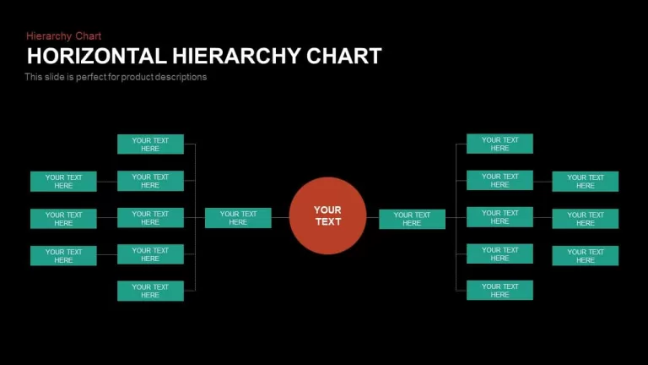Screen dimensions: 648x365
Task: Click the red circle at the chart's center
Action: [327, 215]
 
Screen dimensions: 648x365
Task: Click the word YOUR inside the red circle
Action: [327, 210]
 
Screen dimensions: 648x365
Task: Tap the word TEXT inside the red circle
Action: [328, 222]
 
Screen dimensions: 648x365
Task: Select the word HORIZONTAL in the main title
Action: [97, 56]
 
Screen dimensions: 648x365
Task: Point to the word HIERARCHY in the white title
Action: [236, 56]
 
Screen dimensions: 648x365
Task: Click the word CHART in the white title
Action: [344, 56]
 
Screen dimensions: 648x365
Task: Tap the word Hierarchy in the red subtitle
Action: [49, 36]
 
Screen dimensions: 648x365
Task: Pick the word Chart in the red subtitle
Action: [88, 36]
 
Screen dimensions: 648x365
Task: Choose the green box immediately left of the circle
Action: [238, 218]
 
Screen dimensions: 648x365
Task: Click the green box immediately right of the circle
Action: [412, 219]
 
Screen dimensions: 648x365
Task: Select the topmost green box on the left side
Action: [150, 144]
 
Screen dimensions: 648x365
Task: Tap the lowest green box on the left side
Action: [150, 291]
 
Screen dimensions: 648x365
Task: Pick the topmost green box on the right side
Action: [499, 144]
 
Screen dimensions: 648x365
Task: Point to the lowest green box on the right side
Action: [499, 290]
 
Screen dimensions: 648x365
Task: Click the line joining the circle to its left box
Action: [280, 218]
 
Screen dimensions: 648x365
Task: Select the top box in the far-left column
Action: [63, 182]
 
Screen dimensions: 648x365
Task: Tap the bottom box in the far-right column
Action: [586, 256]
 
